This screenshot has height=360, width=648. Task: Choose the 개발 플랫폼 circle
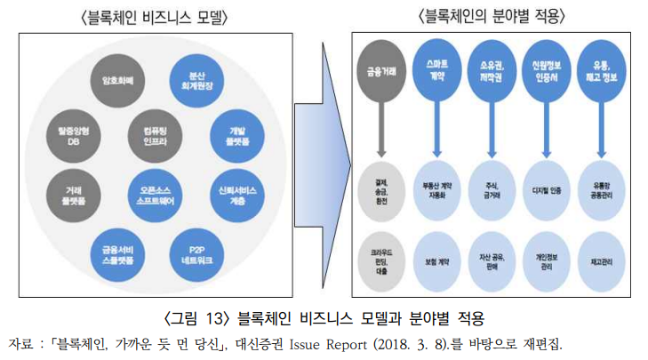236,135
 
